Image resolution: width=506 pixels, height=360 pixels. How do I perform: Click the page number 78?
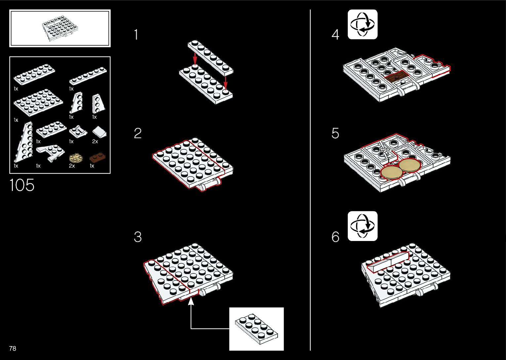click(13, 348)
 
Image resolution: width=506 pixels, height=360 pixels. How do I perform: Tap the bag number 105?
click(22, 185)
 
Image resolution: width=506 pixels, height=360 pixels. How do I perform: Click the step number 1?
click(136, 35)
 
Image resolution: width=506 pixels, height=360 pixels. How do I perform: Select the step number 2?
click(137, 133)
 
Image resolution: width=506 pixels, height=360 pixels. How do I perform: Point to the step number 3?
click(137, 237)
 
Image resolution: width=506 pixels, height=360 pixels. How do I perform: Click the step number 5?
click(335, 133)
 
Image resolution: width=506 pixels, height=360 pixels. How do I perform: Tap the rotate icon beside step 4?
click(362, 24)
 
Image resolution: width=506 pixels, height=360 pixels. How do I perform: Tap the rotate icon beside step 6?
click(362, 226)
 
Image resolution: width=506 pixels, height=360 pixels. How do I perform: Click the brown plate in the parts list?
click(97, 157)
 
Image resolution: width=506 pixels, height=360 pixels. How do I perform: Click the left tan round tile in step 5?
click(392, 172)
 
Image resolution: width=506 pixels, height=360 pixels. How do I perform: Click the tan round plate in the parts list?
click(76, 158)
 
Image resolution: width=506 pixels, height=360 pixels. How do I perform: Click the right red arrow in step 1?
click(225, 83)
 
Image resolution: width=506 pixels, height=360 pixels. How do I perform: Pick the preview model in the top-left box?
click(59, 29)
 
